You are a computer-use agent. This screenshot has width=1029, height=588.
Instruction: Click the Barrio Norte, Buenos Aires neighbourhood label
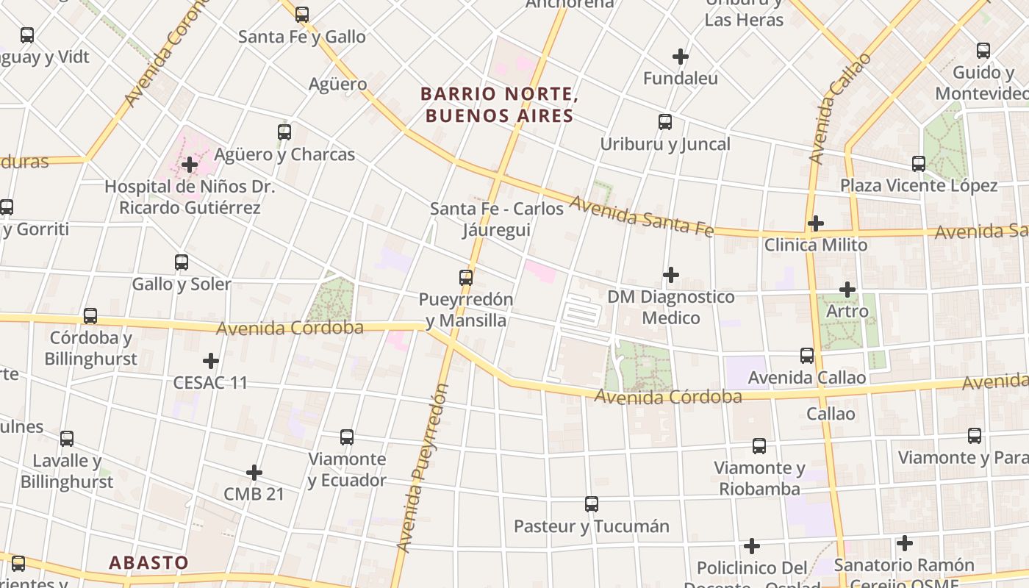(x=497, y=104)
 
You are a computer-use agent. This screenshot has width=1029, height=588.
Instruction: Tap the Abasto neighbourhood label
(x=148, y=563)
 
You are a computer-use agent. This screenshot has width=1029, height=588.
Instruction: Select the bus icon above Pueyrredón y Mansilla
(x=466, y=277)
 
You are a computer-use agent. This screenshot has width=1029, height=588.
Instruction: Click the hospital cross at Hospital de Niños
(x=190, y=164)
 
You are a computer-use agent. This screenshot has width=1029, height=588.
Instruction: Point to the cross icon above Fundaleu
(x=681, y=56)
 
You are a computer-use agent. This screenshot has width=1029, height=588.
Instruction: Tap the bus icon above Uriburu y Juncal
(x=665, y=122)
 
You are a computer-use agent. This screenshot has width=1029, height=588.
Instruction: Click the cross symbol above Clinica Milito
(x=816, y=223)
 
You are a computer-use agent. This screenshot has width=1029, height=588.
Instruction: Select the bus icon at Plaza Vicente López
(x=919, y=163)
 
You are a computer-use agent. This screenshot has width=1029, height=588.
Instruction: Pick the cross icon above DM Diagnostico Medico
(x=671, y=275)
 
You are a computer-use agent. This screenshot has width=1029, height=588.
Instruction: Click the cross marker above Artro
(x=847, y=290)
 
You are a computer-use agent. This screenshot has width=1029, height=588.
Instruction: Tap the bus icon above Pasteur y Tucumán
(x=592, y=504)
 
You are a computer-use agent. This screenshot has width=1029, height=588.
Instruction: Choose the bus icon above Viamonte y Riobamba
(x=759, y=445)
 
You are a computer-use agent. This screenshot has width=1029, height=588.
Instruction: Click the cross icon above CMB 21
(x=254, y=472)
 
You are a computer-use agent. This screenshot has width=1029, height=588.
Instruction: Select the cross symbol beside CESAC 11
(x=211, y=361)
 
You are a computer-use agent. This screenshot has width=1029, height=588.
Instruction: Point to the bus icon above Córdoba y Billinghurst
(x=90, y=316)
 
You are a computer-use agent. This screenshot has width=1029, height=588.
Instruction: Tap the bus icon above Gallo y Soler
(x=182, y=262)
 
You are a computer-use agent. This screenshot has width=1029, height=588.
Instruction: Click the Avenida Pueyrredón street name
(x=423, y=468)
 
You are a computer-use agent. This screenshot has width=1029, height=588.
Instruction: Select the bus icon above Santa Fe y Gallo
(x=302, y=14)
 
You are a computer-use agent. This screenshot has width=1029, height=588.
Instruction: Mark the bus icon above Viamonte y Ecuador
(x=347, y=437)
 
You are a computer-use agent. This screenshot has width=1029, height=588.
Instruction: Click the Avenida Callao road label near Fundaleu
(x=839, y=109)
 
